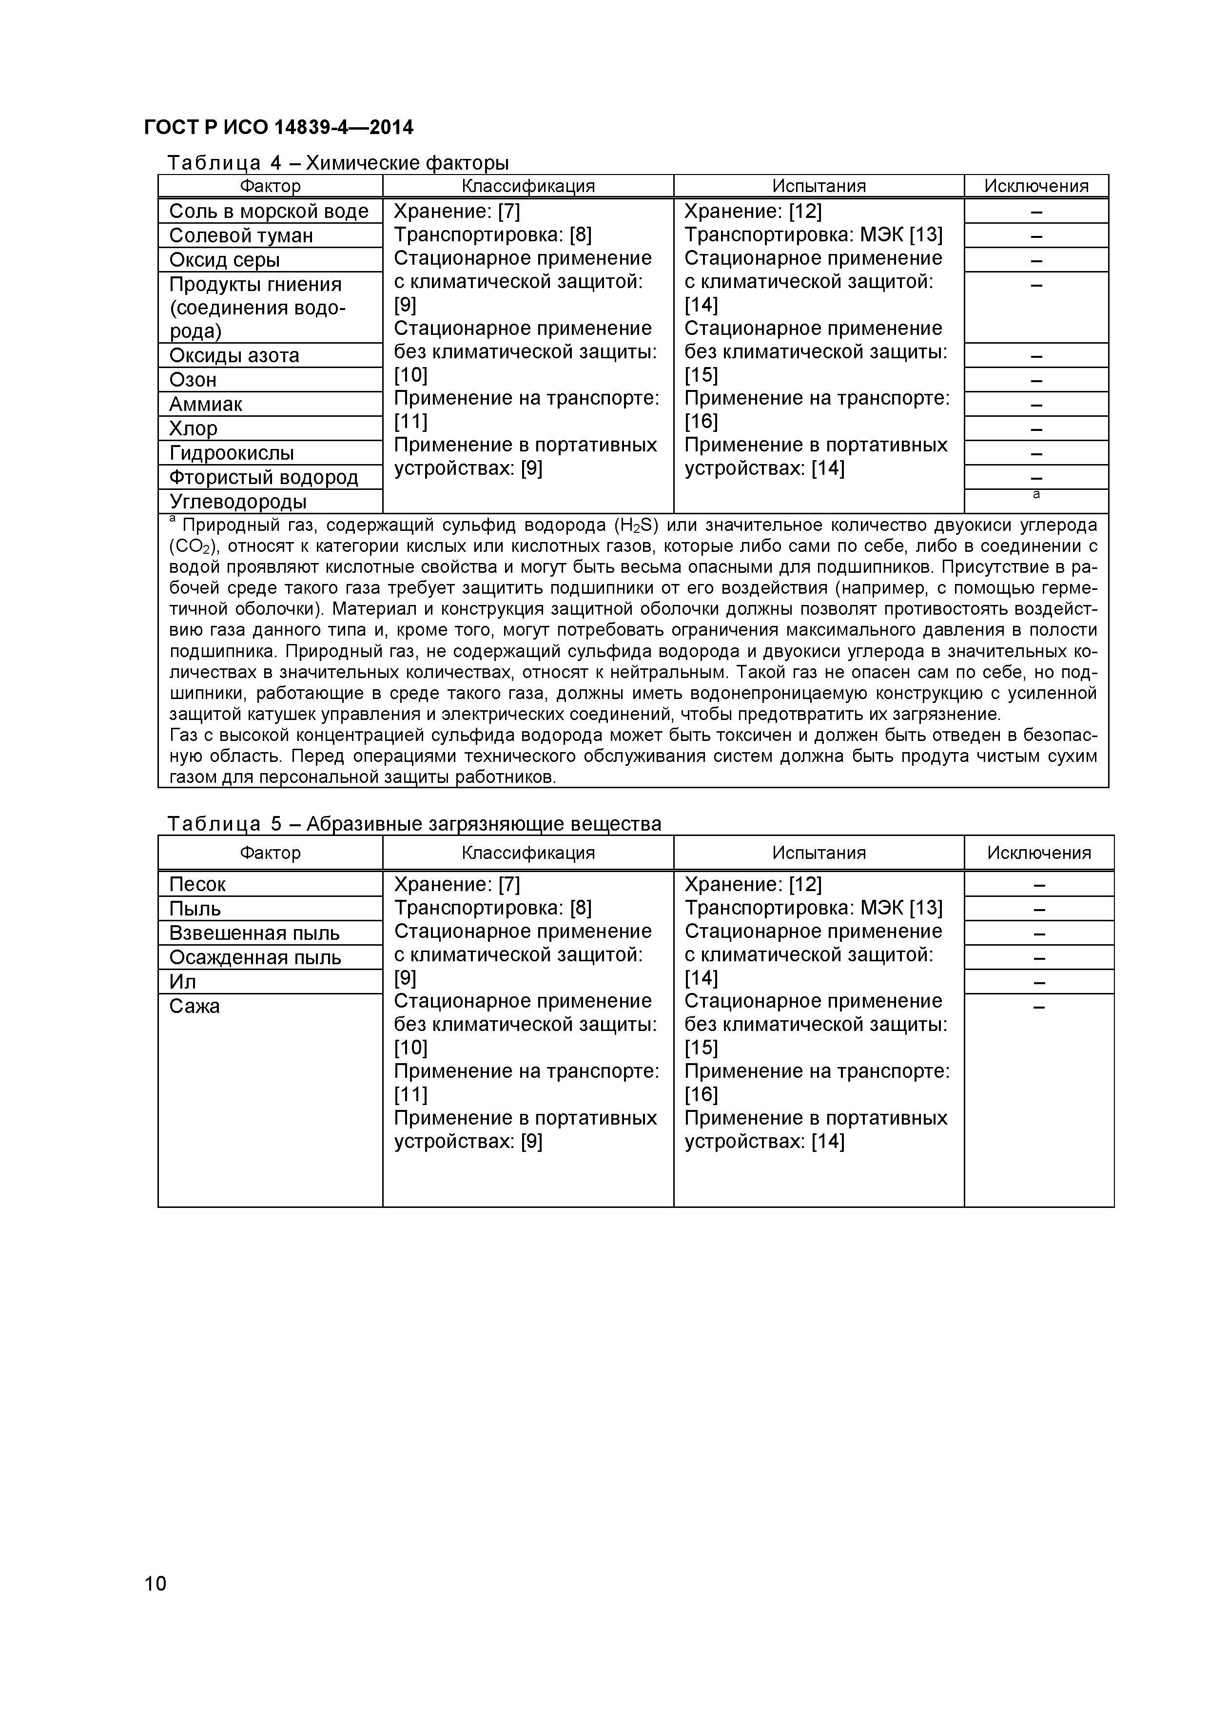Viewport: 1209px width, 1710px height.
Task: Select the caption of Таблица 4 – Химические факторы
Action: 337,162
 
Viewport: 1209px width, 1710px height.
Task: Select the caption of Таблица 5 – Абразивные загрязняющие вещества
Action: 413,824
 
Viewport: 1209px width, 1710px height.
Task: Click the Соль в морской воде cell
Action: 269,212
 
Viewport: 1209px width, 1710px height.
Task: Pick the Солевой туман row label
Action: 241,235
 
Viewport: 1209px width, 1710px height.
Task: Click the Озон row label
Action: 193,380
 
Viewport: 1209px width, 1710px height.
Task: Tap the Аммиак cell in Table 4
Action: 206,405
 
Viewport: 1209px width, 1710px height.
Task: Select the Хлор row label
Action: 193,429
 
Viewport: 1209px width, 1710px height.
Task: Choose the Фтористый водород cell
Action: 264,477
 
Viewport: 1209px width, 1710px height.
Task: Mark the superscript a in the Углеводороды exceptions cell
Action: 1035,495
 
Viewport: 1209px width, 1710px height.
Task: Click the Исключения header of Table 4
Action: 1035,186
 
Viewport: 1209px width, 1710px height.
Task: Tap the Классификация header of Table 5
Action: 527,853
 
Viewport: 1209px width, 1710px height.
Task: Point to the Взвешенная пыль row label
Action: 254,933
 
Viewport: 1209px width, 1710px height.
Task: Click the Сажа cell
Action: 195,1006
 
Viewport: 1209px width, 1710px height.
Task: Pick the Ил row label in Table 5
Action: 182,982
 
